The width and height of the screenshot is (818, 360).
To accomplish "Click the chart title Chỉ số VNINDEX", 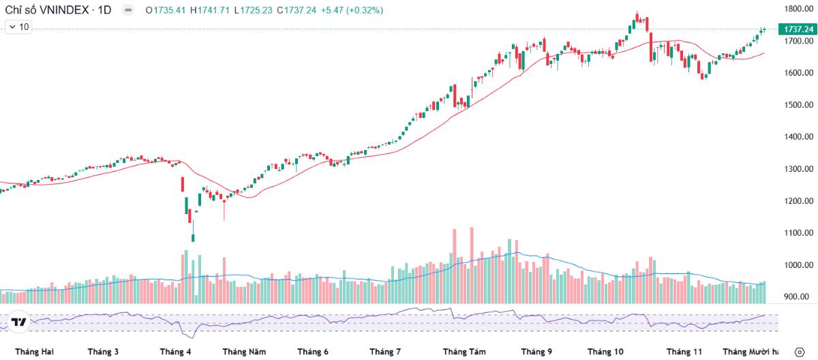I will tap(48, 10).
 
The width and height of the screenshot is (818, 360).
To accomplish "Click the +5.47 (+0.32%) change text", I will tap(352, 10).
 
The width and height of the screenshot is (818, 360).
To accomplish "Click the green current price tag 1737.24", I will tap(798, 29).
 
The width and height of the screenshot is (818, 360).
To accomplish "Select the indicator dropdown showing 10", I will tap(18, 27).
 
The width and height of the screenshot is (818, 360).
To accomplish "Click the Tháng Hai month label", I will tap(34, 352).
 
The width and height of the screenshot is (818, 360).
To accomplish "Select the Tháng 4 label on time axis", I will tap(175, 352).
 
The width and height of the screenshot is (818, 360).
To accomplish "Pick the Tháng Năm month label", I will tap(244, 352).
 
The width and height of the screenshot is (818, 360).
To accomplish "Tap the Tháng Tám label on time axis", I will tap(464, 352).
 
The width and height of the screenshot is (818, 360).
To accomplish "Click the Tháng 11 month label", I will tap(684, 352).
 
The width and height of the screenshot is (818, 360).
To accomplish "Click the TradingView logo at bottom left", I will tap(19, 322).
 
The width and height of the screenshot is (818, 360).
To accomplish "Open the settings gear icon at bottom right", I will tap(800, 352).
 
